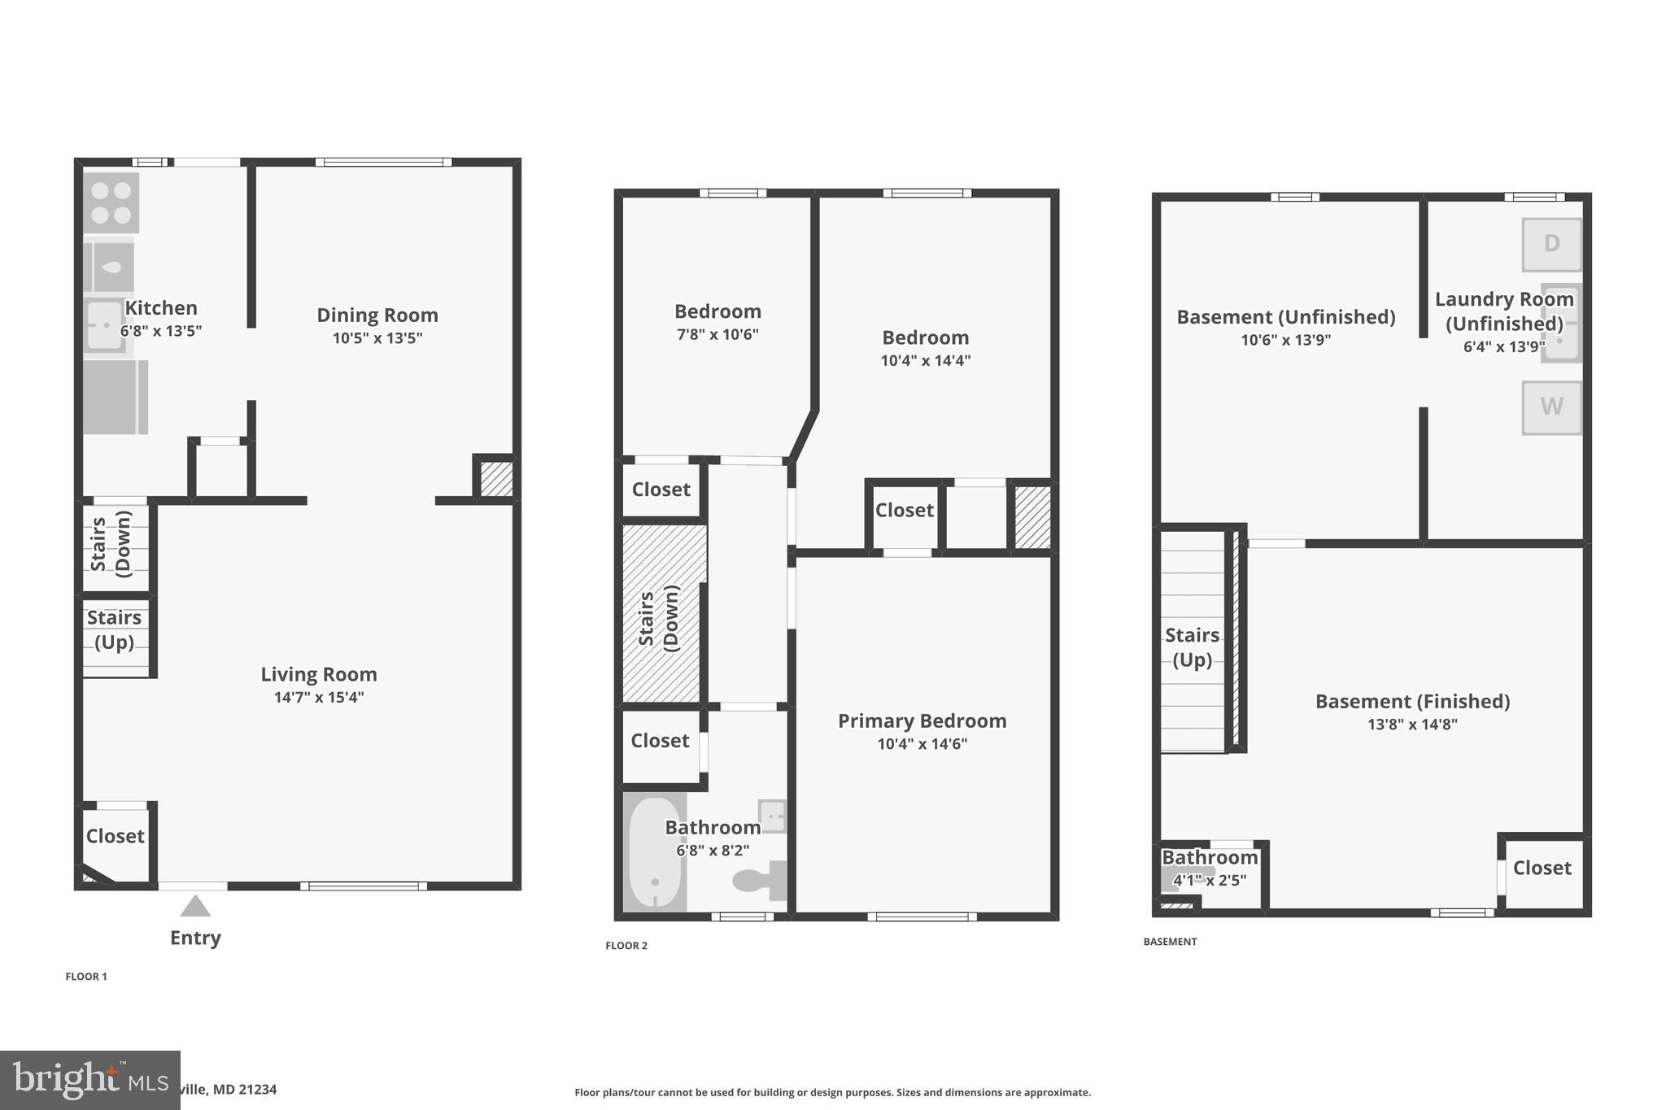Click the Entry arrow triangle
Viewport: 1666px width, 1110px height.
[195, 906]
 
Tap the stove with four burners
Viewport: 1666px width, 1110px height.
[111, 202]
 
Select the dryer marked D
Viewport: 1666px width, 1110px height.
[1551, 244]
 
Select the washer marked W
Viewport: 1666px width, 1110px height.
[1551, 407]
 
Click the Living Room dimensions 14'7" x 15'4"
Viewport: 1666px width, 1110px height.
[319, 697]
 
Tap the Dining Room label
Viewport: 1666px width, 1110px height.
[377, 315]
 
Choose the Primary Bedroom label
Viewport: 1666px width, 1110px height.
[922, 720]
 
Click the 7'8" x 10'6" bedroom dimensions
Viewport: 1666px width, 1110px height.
[717, 334]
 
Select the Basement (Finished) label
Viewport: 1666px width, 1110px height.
[1412, 701]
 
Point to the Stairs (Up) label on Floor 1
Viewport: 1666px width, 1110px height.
[114, 629]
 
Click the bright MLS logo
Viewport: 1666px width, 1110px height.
[89, 1080]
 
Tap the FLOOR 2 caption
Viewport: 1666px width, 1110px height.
[626, 945]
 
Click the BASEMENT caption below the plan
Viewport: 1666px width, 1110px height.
[1170, 942]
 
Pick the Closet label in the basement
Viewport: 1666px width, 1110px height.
[1542, 868]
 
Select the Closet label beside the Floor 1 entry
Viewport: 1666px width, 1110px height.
[116, 836]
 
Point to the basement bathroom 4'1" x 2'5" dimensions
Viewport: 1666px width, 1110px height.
[1209, 880]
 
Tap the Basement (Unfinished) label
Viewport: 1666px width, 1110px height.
[1285, 317]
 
